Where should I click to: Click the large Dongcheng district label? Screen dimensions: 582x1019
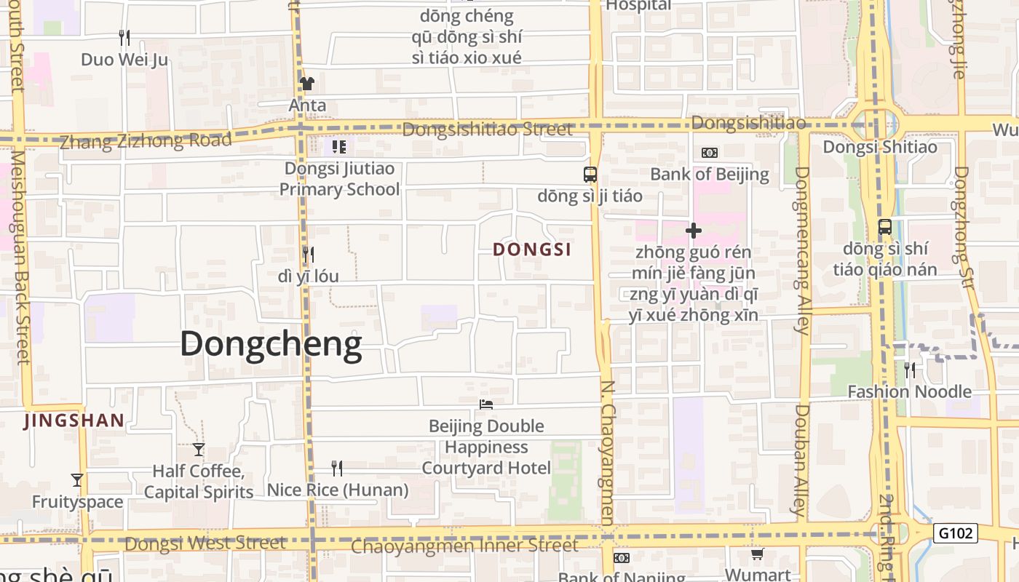pos(271,344)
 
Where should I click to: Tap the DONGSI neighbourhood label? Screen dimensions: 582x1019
pos(532,250)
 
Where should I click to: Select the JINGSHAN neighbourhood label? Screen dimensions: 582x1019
pos(74,420)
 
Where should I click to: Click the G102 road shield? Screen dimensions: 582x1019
pos(955,533)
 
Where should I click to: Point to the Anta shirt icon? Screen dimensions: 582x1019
pos(307,84)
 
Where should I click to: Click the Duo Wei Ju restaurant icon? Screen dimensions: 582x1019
pos(124,37)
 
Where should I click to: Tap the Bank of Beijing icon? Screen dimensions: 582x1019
pos(709,153)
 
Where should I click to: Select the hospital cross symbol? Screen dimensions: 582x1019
pos(694,231)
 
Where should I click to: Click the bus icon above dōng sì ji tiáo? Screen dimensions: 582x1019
pos(590,175)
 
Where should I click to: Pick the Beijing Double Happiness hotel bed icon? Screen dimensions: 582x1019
pos(486,404)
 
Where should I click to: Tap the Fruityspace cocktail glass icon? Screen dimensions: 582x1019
pos(77,480)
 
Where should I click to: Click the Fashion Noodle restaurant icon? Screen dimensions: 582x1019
pos(910,370)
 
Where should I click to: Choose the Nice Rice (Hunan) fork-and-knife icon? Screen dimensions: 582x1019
pos(337,468)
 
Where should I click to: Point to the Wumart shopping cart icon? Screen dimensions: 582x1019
pos(757,554)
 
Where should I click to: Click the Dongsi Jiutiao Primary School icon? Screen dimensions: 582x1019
pos(339,147)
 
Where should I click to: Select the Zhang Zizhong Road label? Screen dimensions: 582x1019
pos(146,140)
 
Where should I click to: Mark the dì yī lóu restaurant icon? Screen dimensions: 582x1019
pos(309,255)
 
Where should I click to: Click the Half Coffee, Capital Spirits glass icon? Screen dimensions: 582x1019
pos(199,450)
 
